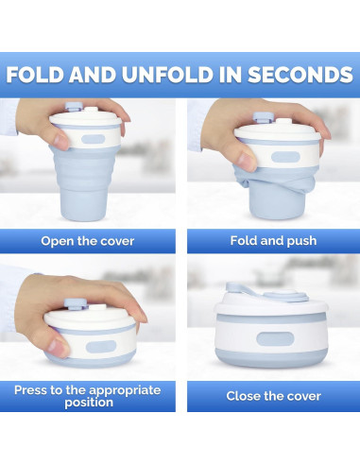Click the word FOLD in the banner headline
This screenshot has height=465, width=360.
(x=35, y=75)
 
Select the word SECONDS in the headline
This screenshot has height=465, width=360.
(x=300, y=75)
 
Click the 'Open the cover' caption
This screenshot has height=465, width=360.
(x=88, y=241)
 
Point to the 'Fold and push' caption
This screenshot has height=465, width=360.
(x=273, y=241)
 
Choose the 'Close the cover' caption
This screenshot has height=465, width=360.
(x=273, y=396)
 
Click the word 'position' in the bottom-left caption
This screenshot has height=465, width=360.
(x=89, y=403)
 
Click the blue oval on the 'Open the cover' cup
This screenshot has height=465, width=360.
(x=93, y=139)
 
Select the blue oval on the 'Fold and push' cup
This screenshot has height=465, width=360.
(x=285, y=157)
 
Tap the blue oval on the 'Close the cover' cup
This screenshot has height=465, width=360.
(x=275, y=338)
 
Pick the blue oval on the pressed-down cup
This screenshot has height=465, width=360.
(x=101, y=347)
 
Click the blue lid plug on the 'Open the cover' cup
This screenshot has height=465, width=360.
(x=74, y=106)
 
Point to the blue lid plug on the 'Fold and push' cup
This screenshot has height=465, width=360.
(x=263, y=117)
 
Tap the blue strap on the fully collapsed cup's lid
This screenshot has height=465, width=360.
(x=244, y=290)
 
